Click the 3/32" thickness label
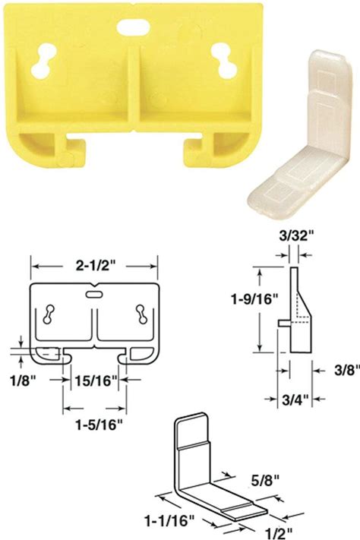point(293,237)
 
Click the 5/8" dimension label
point(260,480)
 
